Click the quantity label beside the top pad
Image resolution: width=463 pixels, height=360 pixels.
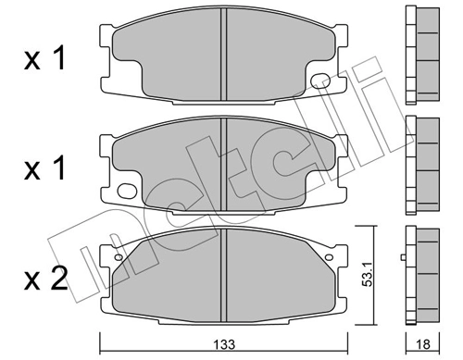pyautogui.click(x=44, y=60)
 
